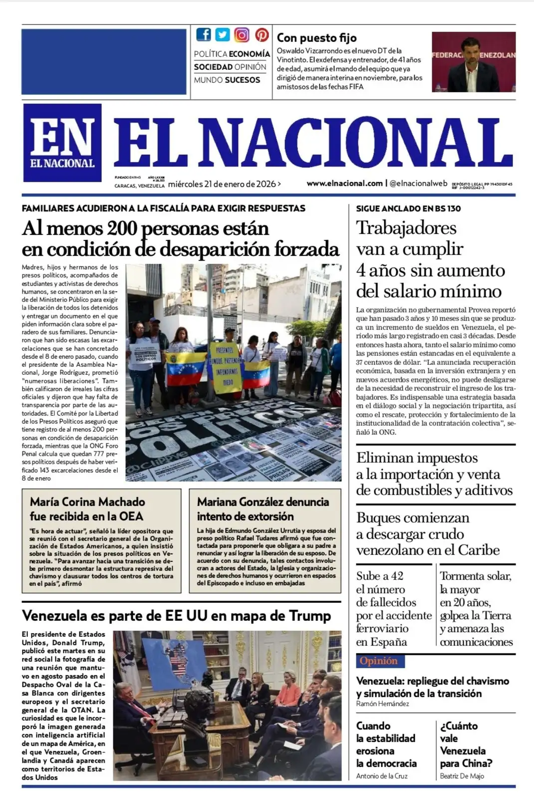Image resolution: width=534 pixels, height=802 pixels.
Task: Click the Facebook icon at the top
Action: click(204, 34)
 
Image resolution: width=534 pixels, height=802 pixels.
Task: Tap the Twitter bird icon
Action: click(223, 34)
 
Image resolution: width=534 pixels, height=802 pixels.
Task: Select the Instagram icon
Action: click(242, 34)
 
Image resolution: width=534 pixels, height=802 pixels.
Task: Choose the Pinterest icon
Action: click(262, 34)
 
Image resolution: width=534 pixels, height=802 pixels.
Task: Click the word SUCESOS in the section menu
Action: click(243, 80)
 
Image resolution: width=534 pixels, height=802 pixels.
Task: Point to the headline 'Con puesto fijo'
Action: click(316, 37)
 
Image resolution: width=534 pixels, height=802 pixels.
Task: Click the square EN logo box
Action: click(62, 143)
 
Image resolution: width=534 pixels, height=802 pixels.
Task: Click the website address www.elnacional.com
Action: click(344, 183)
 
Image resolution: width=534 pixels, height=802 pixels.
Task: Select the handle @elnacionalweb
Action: click(418, 183)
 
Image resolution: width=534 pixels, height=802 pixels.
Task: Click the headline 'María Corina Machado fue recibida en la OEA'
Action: click(87, 509)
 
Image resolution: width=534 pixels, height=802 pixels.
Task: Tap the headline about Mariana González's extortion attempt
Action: click(263, 509)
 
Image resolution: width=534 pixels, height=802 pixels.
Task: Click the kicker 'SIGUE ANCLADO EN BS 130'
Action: click(408, 208)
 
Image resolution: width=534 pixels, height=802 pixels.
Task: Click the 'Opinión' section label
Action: click(379, 661)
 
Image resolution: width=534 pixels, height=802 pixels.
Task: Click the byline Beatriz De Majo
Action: click(462, 776)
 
